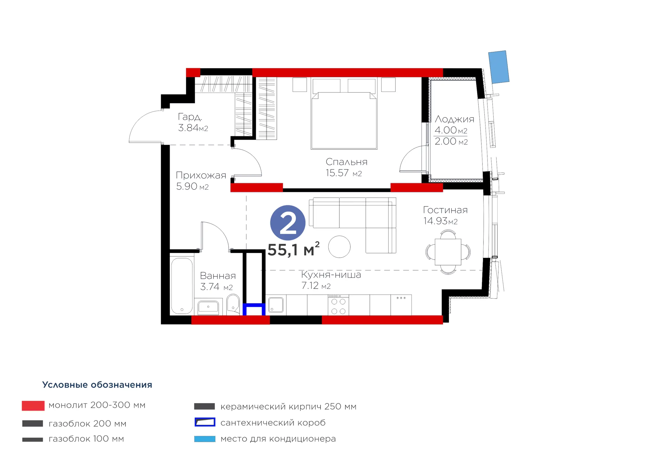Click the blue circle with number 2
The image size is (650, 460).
(x=288, y=223)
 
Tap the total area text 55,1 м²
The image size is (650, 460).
(x=294, y=249)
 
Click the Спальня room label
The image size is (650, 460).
(x=347, y=162)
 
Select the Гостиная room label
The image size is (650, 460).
(x=445, y=210)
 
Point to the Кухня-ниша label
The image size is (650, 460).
(x=331, y=275)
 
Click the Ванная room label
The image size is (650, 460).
(x=218, y=276)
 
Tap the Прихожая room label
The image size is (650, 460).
(x=201, y=175)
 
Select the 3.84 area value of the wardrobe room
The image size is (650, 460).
(x=188, y=128)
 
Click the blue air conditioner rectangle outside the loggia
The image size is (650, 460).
(x=499, y=67)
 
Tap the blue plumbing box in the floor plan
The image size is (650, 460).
(x=254, y=309)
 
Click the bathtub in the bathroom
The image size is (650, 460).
(x=182, y=285)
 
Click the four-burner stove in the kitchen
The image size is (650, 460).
(x=338, y=305)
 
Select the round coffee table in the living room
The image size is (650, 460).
(x=339, y=247)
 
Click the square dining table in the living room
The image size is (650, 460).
(x=448, y=252)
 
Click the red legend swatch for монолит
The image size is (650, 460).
(x=33, y=406)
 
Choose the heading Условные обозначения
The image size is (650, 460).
(x=97, y=385)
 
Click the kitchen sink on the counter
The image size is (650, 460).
(x=276, y=305)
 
